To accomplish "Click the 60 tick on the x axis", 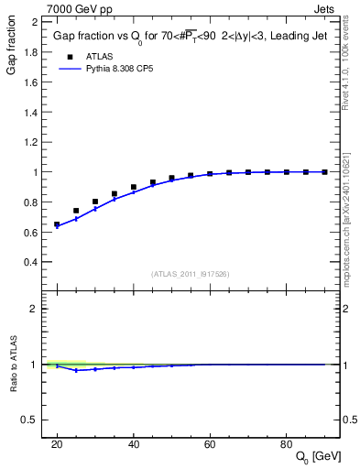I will (x=210, y=443).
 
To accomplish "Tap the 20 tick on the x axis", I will (x=57, y=443).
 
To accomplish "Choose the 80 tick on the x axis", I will (x=286, y=443).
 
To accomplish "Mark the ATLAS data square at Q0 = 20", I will (x=57, y=224).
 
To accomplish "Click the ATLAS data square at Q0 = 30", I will (x=95, y=202).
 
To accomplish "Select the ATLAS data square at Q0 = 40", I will (x=133, y=187).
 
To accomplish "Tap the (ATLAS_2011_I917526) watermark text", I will (x=190, y=273).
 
